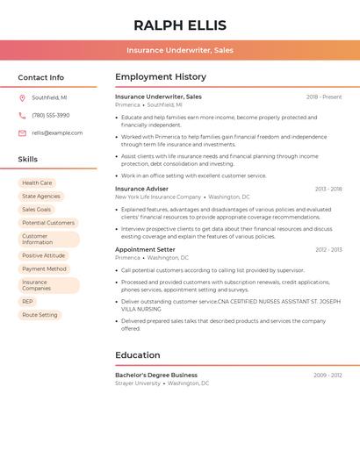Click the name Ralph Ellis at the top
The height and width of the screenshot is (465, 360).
pos(180,25)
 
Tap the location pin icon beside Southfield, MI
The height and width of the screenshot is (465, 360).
pos(22,98)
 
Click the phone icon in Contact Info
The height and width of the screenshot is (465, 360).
pos(22,116)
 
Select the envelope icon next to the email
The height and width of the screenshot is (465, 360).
pos(22,133)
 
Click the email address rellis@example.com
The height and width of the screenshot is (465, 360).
pos(57,133)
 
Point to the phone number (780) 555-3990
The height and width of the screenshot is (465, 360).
pos(51,116)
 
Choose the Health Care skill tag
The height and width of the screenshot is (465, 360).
pos(37,183)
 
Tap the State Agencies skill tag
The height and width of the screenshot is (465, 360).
pos(41,197)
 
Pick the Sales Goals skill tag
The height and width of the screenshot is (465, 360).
pos(37,210)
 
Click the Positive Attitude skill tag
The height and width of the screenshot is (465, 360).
pos(44,255)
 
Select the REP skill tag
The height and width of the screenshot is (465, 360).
pos(28,301)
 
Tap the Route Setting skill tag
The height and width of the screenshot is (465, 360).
pos(40,315)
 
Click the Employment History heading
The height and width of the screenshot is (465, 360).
pos(161,77)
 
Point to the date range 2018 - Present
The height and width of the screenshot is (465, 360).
pos(324,97)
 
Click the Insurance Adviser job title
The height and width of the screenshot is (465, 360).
pos(141,189)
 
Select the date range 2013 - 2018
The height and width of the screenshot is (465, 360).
pos(328,190)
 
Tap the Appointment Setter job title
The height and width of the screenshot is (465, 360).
pos(145,250)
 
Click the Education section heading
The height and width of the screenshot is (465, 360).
pos(138,355)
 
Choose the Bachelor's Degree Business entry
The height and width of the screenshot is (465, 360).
pos(156,375)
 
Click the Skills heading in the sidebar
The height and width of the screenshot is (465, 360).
pos(28,160)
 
